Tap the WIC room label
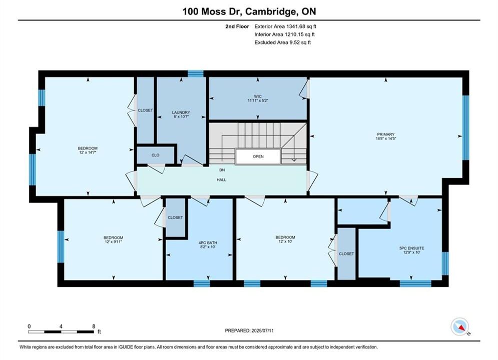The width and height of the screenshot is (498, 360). click(x=258, y=96)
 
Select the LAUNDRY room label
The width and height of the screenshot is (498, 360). click(x=181, y=112)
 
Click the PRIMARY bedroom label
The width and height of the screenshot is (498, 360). click(x=385, y=134)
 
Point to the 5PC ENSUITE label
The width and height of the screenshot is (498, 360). click(x=411, y=248)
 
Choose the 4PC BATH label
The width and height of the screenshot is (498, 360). click(x=208, y=243)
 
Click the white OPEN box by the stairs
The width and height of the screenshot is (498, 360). click(x=258, y=156)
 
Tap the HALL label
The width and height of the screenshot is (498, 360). click(x=221, y=180)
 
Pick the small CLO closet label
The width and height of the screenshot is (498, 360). click(x=155, y=155)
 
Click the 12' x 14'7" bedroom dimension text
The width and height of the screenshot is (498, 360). click(x=88, y=152)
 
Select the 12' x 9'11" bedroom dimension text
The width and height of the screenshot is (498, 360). click(x=114, y=241)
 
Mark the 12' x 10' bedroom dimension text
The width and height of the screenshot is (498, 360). click(x=285, y=241)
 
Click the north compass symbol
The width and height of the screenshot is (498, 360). click(x=459, y=326)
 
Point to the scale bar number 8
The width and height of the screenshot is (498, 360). click(x=94, y=326)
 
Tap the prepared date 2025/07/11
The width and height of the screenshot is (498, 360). click(x=262, y=330)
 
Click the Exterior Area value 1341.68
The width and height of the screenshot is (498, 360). click(x=296, y=26)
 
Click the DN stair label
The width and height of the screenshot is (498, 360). click(x=222, y=170)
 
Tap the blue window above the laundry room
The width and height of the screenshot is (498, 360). click(x=195, y=74)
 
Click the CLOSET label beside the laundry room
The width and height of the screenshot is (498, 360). click(x=145, y=110)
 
